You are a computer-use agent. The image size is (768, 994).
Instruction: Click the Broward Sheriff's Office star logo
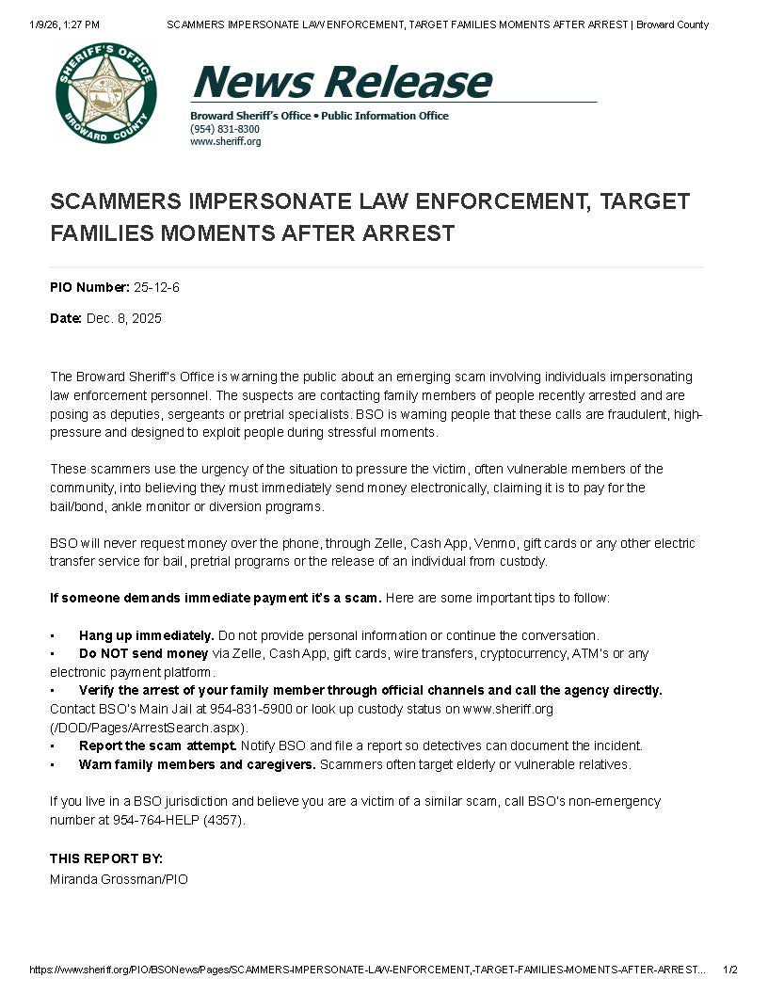[106, 92]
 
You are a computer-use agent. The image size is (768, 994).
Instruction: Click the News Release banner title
[341, 81]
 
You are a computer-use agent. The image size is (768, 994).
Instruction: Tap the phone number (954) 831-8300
[225, 129]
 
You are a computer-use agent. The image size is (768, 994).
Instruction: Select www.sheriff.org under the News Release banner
[225, 141]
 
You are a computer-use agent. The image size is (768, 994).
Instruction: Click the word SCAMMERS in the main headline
[112, 201]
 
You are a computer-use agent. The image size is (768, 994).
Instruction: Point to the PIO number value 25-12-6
[156, 287]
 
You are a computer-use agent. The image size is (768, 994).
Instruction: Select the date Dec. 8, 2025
[124, 318]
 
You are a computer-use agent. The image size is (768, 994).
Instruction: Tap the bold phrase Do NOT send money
[144, 653]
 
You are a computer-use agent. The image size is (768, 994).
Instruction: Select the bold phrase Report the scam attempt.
[157, 745]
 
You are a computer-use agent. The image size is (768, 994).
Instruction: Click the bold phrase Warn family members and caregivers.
[197, 764]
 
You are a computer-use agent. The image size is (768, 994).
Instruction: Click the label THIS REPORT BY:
[106, 858]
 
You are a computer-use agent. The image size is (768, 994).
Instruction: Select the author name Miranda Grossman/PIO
[119, 879]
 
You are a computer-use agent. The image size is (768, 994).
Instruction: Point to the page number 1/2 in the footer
[730, 970]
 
